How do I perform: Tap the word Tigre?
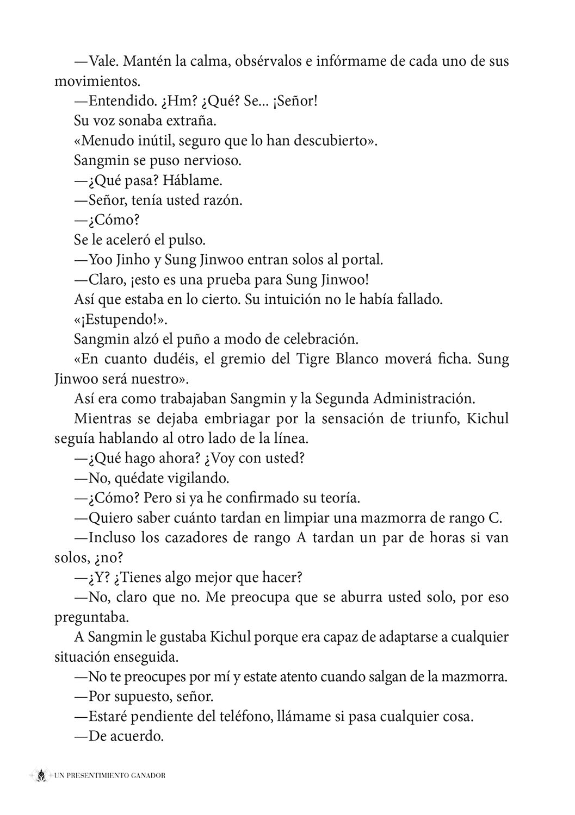point(318,359)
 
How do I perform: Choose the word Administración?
point(424,399)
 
